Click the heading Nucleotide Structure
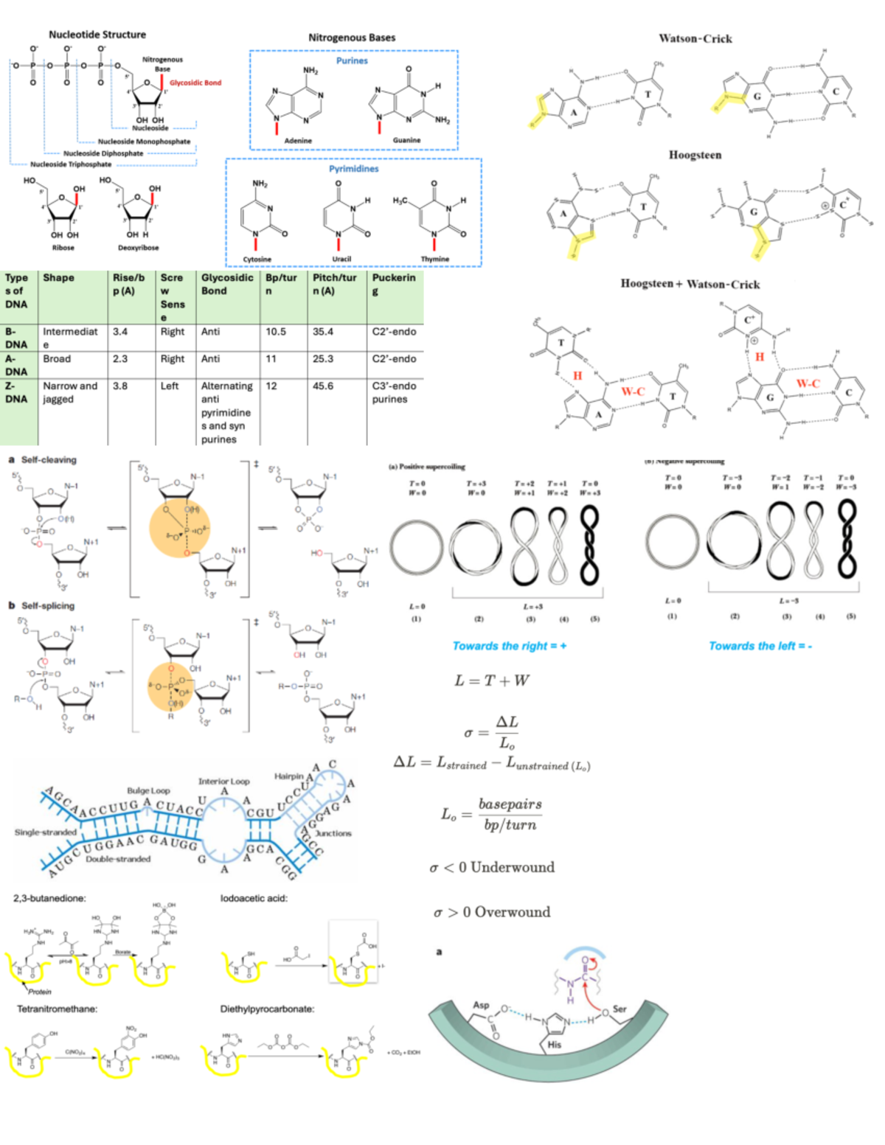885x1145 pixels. click(97, 35)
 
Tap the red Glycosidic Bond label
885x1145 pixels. click(195, 83)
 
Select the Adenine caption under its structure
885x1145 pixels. click(298, 140)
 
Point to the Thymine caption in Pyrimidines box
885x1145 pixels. click(435, 259)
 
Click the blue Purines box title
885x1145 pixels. click(352, 60)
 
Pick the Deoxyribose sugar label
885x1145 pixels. click(139, 248)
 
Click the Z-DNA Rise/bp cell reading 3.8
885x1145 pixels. click(120, 386)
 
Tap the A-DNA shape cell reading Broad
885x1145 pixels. click(57, 358)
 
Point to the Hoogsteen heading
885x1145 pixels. click(695, 155)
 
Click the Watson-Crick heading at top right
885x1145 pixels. click(695, 38)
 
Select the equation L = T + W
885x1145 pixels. click(492, 681)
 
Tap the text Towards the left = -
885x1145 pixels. click(760, 646)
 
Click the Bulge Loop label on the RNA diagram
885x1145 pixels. click(148, 790)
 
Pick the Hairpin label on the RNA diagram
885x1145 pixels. click(288, 776)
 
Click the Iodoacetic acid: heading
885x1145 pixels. click(254, 898)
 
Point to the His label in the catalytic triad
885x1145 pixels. click(554, 1045)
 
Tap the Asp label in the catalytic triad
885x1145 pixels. click(481, 1005)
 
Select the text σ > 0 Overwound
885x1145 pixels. click(492, 912)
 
